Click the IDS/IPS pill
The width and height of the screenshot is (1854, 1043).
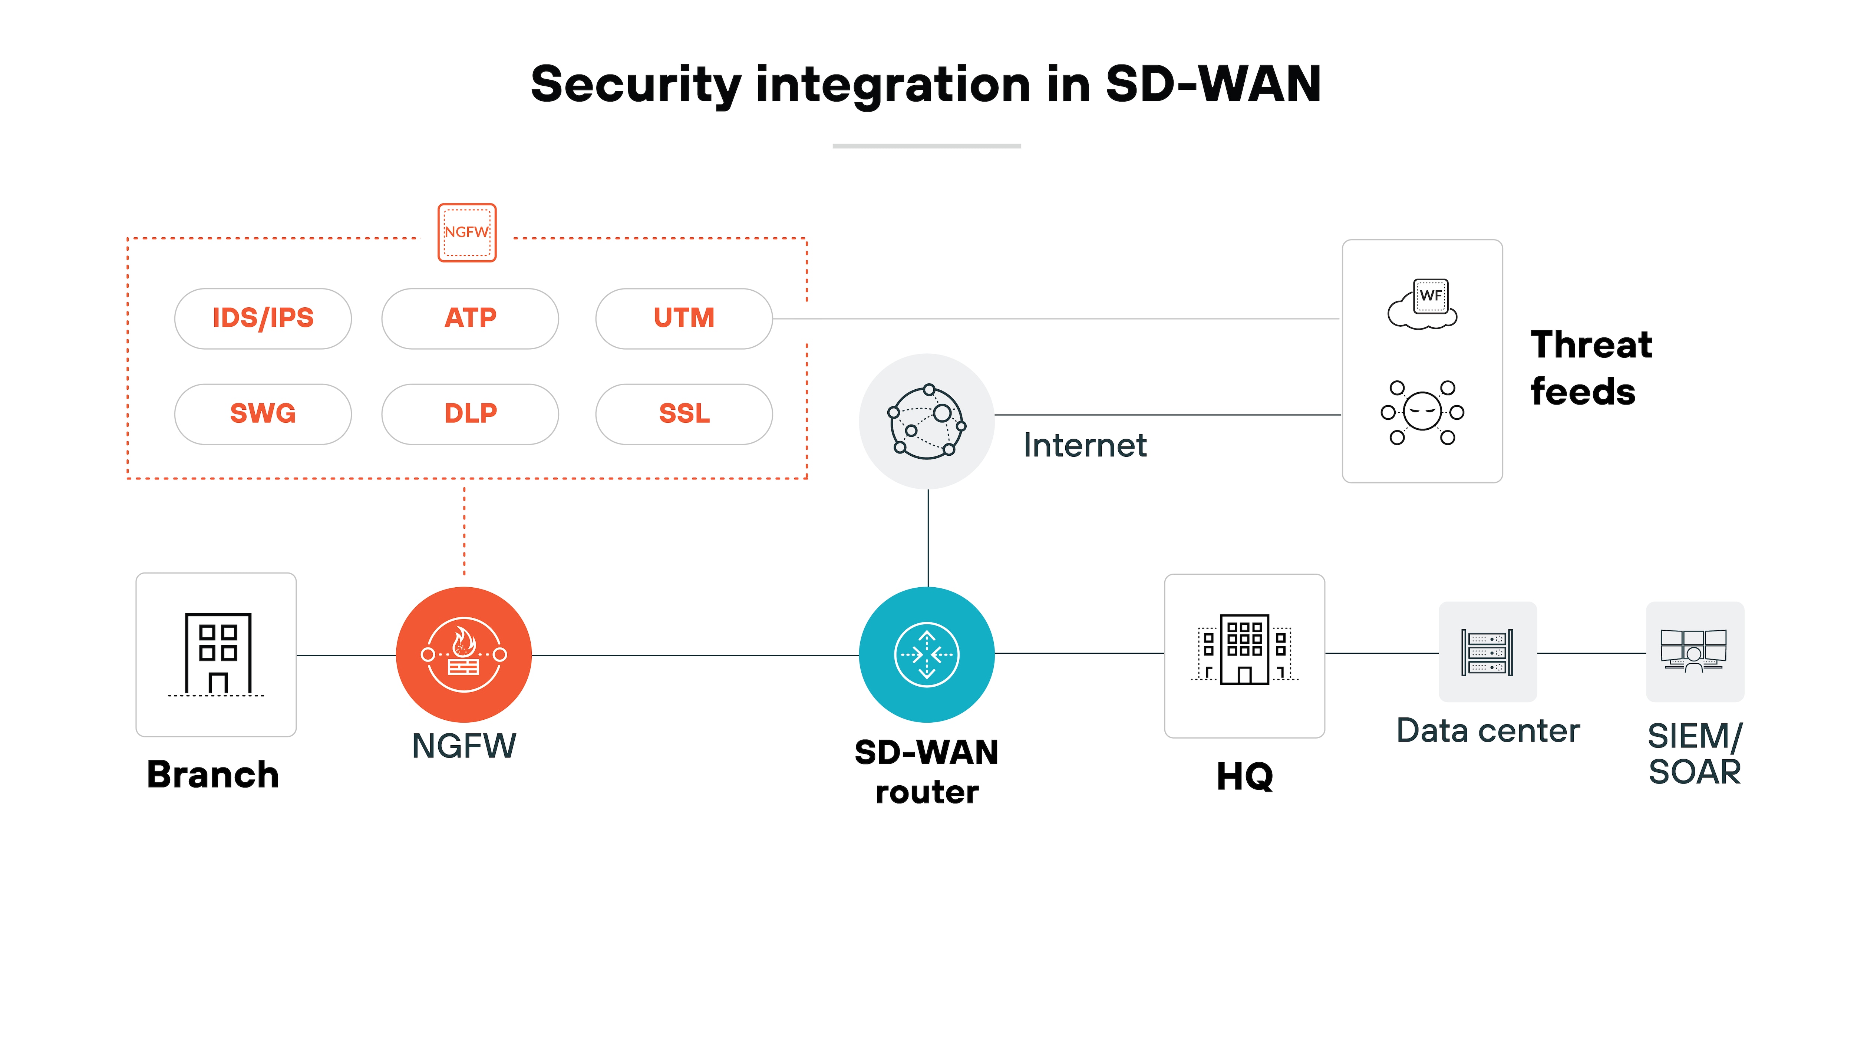click(263, 318)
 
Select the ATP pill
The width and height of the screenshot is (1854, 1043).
click(470, 318)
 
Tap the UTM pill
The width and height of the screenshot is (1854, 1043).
click(684, 318)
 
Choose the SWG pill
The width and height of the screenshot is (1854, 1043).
click(263, 414)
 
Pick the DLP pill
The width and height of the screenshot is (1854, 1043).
click(470, 414)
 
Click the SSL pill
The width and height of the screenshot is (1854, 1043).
click(684, 414)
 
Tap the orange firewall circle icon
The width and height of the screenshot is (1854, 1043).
click(463, 654)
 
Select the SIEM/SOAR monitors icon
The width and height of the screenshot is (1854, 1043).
click(1694, 651)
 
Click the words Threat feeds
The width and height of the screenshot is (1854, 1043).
click(1591, 368)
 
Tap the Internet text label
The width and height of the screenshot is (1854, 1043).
click(1085, 446)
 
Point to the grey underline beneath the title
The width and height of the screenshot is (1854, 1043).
click(926, 146)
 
